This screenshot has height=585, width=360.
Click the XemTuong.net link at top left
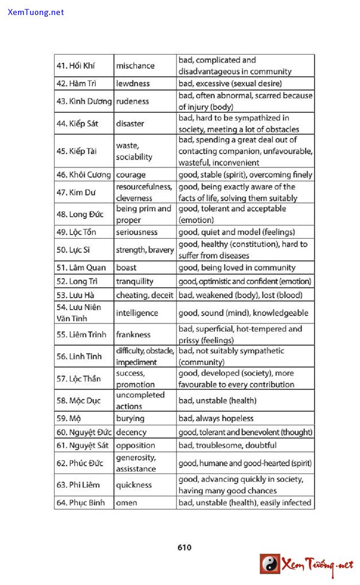pos(36,12)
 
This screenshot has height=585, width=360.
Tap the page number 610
pos(184,547)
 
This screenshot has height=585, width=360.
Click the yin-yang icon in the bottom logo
pos(269,563)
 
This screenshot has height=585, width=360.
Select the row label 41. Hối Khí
pos(76,65)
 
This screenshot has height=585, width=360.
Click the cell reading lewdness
pos(133,83)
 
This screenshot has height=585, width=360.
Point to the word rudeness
pos(133,101)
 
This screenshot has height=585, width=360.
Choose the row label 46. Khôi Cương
pos(83,175)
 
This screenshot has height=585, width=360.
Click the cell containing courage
pos(131,175)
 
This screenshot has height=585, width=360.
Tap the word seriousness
pos(137,232)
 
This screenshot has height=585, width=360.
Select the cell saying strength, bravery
pos(145,250)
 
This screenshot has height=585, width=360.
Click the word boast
pos(126,268)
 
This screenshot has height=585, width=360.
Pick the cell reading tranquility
pos(134,281)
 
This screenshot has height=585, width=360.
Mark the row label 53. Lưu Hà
pos(75,295)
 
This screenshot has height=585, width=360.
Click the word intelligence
pos(137,313)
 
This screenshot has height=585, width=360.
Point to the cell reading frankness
pos(133,334)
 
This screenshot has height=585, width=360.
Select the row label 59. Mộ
pos(68,418)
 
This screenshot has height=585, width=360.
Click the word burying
pos(130,418)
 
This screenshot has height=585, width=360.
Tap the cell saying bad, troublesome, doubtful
pos(227,445)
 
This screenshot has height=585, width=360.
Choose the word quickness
pos(134,485)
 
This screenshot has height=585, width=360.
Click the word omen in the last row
pos(126,503)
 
